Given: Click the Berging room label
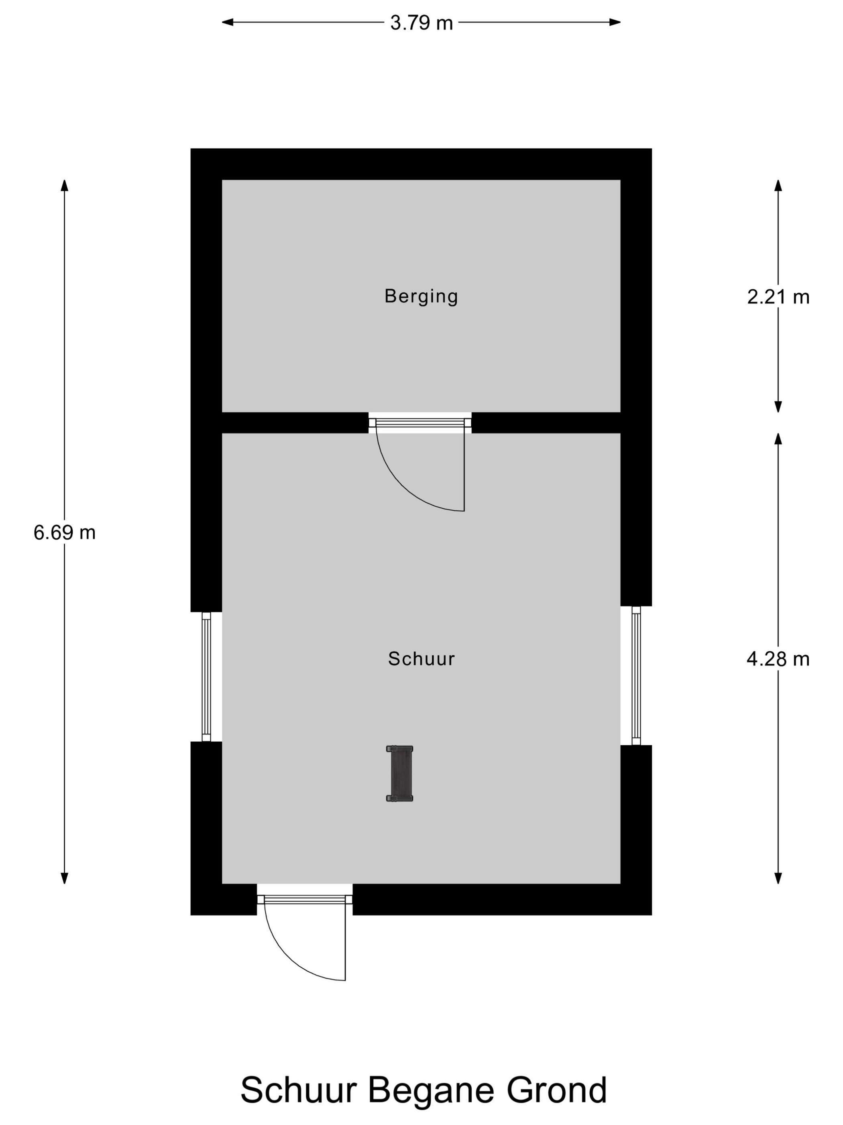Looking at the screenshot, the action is point(421,296).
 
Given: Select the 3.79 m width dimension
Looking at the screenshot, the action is point(421,22).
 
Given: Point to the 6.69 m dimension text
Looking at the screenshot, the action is point(65,532).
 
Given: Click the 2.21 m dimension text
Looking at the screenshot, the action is point(778,297).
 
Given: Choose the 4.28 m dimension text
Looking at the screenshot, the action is point(778,659).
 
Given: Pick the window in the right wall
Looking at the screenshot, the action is point(636,675).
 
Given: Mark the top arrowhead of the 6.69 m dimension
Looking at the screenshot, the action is point(65,185).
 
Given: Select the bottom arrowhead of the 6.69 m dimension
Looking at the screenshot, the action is point(65,878).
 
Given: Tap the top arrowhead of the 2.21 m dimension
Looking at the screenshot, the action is point(778,185).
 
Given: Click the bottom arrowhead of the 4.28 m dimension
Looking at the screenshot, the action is point(778,878).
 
